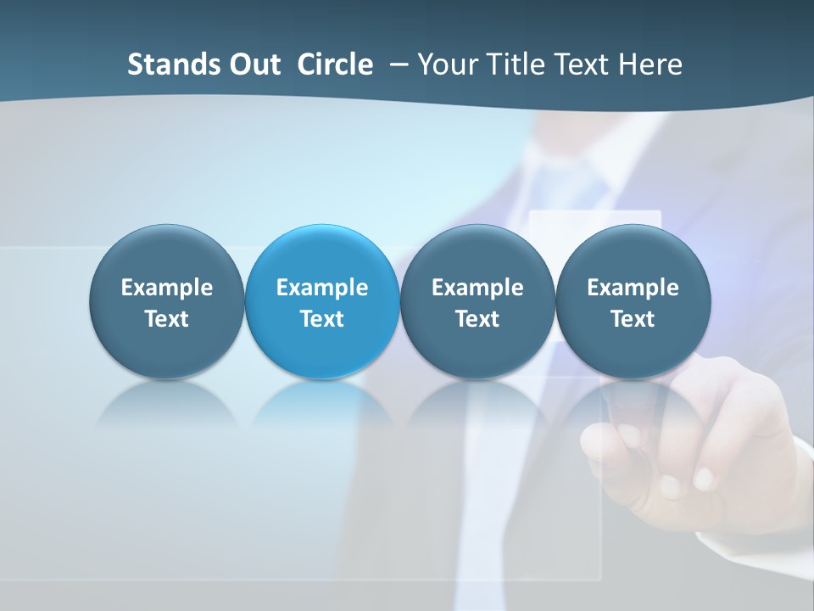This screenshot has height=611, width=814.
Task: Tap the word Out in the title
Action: click(x=253, y=64)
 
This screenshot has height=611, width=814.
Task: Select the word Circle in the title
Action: click(x=335, y=64)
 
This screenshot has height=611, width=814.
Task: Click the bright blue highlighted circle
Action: click(x=322, y=255)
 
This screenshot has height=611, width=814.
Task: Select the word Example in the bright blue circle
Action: click(x=322, y=288)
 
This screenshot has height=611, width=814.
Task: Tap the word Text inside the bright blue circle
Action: click(x=322, y=319)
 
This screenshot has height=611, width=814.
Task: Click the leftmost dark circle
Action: click(x=166, y=255)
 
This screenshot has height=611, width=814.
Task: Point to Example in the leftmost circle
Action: click(x=166, y=288)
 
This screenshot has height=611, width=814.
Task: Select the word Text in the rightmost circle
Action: click(x=633, y=319)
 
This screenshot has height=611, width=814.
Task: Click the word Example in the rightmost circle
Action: click(x=633, y=288)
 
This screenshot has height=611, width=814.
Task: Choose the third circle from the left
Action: click(x=477, y=255)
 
